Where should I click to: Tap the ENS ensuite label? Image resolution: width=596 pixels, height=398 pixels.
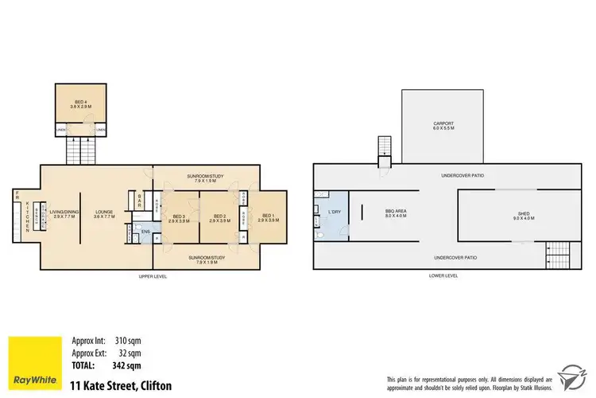(x=145, y=232)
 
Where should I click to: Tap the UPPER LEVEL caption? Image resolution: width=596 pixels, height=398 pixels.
(x=150, y=275)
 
